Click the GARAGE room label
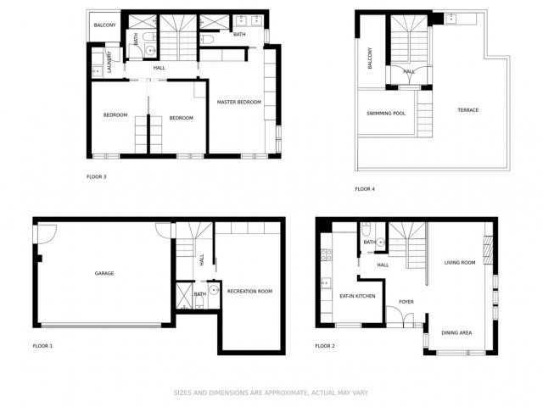[x=104, y=273]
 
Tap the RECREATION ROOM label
[x=249, y=291]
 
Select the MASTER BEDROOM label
[x=238, y=103]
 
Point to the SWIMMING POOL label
[x=386, y=113]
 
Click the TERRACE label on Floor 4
[x=468, y=110]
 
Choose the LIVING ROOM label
[x=460, y=263]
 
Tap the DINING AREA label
[x=456, y=332]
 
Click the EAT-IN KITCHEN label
[x=357, y=296]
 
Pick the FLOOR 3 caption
[x=97, y=177]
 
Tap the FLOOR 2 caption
[x=325, y=346]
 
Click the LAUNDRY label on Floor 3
[x=109, y=64]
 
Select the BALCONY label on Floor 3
[x=105, y=25]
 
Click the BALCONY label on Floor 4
[x=371, y=59]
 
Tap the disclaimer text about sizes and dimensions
[x=271, y=393]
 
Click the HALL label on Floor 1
[x=201, y=260]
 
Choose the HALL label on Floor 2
[x=383, y=265]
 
